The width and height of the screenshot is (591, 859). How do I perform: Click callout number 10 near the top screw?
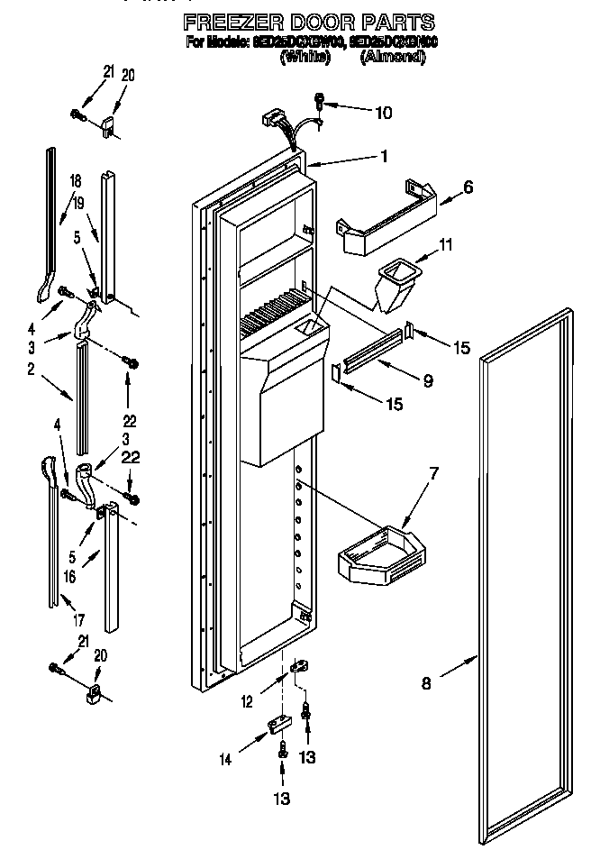coord(383,113)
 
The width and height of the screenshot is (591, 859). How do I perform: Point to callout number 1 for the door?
coord(384,156)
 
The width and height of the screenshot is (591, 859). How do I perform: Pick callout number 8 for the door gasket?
coord(426,684)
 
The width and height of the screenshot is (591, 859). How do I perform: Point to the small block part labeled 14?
coord(278,724)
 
